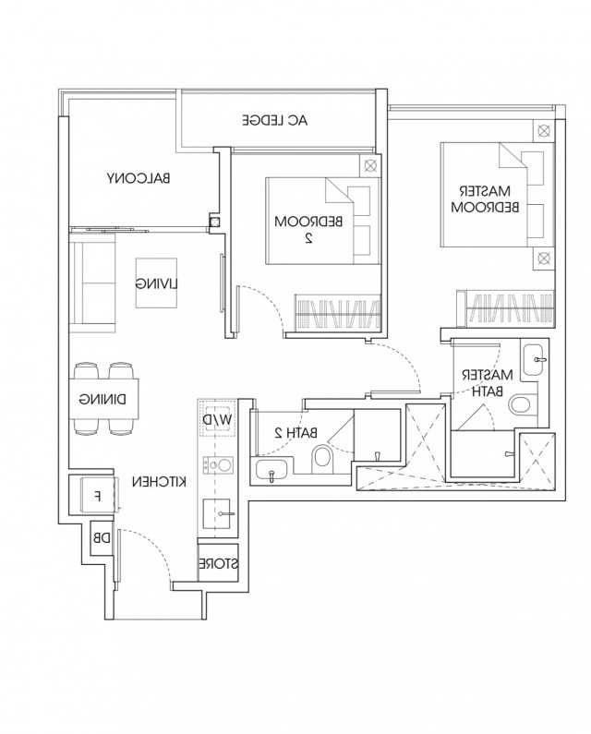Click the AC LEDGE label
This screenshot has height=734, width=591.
click(275, 120)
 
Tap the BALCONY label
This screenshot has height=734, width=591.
click(139, 178)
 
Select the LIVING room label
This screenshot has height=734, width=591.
click(157, 283)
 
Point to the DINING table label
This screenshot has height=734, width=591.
click(103, 399)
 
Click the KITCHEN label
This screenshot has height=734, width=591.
click(159, 481)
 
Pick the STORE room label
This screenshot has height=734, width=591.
click(218, 563)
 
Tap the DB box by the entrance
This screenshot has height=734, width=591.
click(102, 538)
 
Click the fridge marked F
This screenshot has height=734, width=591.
click(98, 496)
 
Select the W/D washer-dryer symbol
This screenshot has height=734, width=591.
click(217, 419)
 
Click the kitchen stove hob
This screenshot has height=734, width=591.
click(217, 465)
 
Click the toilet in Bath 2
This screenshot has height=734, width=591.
click(321, 457)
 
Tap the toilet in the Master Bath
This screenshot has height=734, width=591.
click(522, 404)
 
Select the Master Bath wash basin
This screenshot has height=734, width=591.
click(535, 359)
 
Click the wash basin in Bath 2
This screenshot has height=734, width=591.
click(272, 470)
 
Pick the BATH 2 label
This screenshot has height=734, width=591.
click(296, 432)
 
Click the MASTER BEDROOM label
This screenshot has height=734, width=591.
click(485, 199)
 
